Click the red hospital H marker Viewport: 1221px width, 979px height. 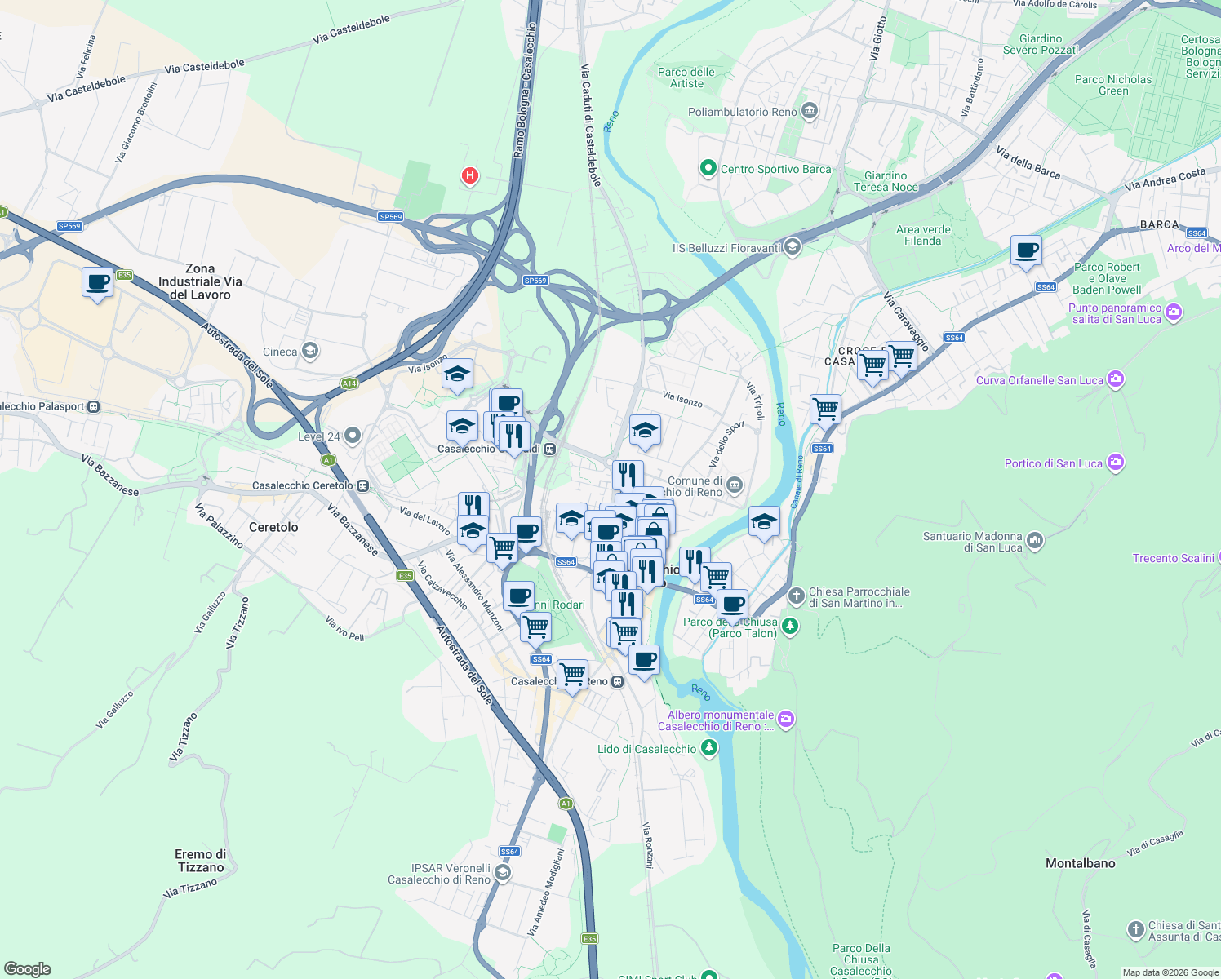(x=469, y=175)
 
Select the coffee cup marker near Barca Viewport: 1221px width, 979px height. (x=1026, y=250)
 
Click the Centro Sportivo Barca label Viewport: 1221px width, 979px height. (x=775, y=169)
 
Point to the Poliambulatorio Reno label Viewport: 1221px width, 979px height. (x=742, y=112)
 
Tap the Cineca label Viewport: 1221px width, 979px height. (x=280, y=352)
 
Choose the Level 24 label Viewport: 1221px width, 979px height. (x=318, y=436)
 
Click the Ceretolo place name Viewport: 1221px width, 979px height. (x=273, y=527)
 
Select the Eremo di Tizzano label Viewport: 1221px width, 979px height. (x=200, y=861)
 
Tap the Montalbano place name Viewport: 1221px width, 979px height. (x=1080, y=863)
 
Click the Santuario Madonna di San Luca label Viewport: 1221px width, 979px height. (x=972, y=542)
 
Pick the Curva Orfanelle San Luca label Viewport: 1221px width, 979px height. (x=1039, y=380)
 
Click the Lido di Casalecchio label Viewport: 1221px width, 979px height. (x=646, y=749)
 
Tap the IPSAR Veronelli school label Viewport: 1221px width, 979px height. (x=439, y=874)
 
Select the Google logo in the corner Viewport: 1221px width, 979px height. (x=27, y=969)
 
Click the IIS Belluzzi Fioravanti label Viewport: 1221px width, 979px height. (x=726, y=248)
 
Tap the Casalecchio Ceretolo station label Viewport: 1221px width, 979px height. (x=302, y=485)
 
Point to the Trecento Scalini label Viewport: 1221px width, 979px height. (x=1173, y=558)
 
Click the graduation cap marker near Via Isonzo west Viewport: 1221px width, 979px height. (x=457, y=374)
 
